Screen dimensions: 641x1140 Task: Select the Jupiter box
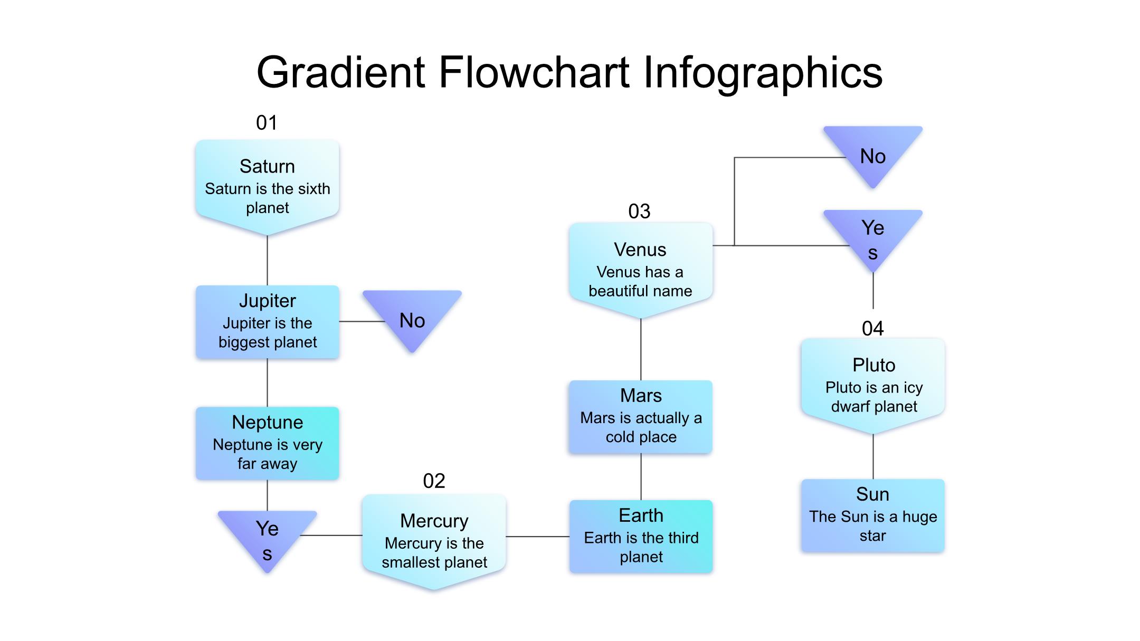click(x=267, y=322)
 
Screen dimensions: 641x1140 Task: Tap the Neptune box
click(x=267, y=443)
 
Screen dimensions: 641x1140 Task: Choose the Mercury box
click(x=434, y=540)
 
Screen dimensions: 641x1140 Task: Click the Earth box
click(x=641, y=536)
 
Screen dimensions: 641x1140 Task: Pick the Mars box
click(x=641, y=416)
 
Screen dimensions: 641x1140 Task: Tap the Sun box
click(x=873, y=515)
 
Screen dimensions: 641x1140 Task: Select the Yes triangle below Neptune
click(x=268, y=535)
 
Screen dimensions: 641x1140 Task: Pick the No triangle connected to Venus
click(x=873, y=153)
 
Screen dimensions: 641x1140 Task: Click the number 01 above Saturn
click(x=267, y=123)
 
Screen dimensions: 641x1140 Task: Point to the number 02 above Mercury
click(x=434, y=481)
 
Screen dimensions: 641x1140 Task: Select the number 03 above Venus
click(x=639, y=212)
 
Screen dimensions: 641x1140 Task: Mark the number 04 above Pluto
click(x=872, y=329)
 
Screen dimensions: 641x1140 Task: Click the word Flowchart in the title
click(x=534, y=72)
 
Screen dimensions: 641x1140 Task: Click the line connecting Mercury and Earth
click(x=537, y=537)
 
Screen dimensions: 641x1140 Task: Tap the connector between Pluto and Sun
click(x=873, y=456)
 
